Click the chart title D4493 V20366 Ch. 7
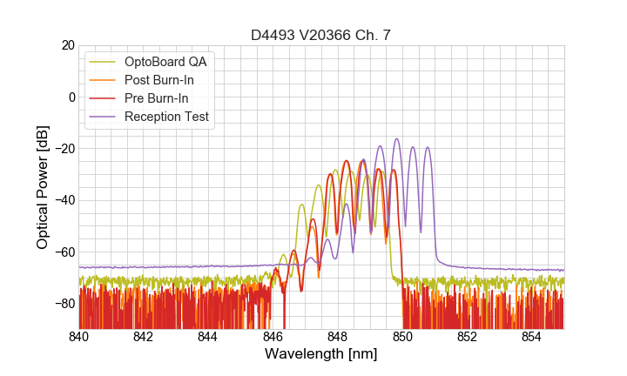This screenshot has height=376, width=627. tap(320, 35)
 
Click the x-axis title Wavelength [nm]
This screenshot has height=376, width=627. tap(320, 355)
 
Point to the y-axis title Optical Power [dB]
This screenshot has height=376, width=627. tap(43, 187)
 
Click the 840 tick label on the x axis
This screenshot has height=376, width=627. tap(79, 337)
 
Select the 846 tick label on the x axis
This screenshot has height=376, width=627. tap(273, 337)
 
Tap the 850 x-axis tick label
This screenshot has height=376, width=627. tap(402, 337)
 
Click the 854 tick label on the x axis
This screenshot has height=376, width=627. tap(531, 337)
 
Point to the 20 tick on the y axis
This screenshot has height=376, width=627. tap(67, 45)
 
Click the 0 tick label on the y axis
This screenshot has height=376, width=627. tap(71, 97)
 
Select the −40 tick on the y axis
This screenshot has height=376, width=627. tap(64, 200)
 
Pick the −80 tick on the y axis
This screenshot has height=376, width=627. tap(64, 304)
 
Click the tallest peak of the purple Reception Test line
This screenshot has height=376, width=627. tap(396, 138)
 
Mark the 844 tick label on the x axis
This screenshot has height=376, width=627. tap(208, 337)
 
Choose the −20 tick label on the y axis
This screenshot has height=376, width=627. tap(64, 149)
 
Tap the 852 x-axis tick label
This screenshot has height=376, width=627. tap(467, 337)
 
